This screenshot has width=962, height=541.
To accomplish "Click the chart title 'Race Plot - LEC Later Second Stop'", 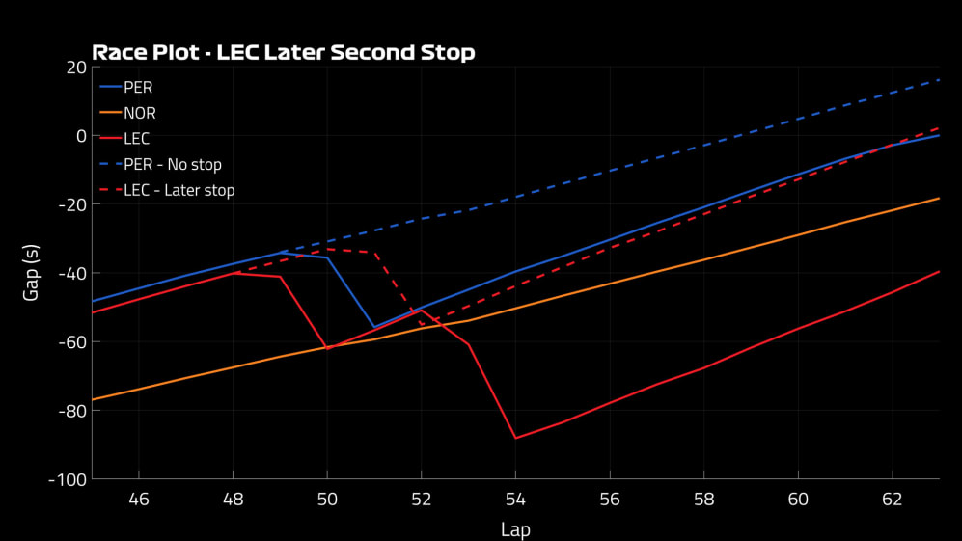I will [283, 52].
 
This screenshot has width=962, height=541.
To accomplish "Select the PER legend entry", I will [138, 87].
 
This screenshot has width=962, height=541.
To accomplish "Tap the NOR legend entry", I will [139, 113].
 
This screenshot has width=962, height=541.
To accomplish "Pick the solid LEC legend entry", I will [136, 139].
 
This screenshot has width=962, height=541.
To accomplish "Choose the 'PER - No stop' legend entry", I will [172, 165].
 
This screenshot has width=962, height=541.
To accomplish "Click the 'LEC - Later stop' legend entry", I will [179, 191].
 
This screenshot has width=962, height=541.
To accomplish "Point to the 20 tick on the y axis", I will [75, 67].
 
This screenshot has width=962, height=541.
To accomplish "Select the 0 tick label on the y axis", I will [81, 136].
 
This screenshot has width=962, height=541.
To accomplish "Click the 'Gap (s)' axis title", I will [31, 273].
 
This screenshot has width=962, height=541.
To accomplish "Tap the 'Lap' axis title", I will [515, 529].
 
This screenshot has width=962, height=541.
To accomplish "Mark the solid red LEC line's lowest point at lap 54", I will [515, 438].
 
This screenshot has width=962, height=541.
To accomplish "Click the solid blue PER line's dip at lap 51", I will [374, 327].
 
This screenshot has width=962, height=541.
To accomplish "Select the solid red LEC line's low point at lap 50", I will [327, 348].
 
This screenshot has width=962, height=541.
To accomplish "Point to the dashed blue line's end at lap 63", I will [939, 80].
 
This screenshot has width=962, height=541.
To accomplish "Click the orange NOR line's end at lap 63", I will [939, 198].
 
